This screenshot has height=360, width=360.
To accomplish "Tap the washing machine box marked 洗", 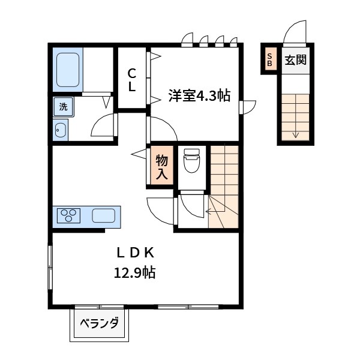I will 62,107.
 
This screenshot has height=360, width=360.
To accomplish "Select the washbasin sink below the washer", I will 61,130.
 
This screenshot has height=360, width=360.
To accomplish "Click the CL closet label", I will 131,80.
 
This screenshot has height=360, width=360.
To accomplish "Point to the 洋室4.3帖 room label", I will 199,95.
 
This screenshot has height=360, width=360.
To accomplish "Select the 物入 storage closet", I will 161,166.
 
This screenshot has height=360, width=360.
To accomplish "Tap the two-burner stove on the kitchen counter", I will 70,215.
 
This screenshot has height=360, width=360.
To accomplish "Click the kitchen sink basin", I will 104,215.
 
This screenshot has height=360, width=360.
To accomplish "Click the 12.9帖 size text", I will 135,273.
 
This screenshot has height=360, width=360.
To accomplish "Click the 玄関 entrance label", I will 295,60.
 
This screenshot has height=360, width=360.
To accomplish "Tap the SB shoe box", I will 269,60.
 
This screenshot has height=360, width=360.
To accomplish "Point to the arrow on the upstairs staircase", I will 212,211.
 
